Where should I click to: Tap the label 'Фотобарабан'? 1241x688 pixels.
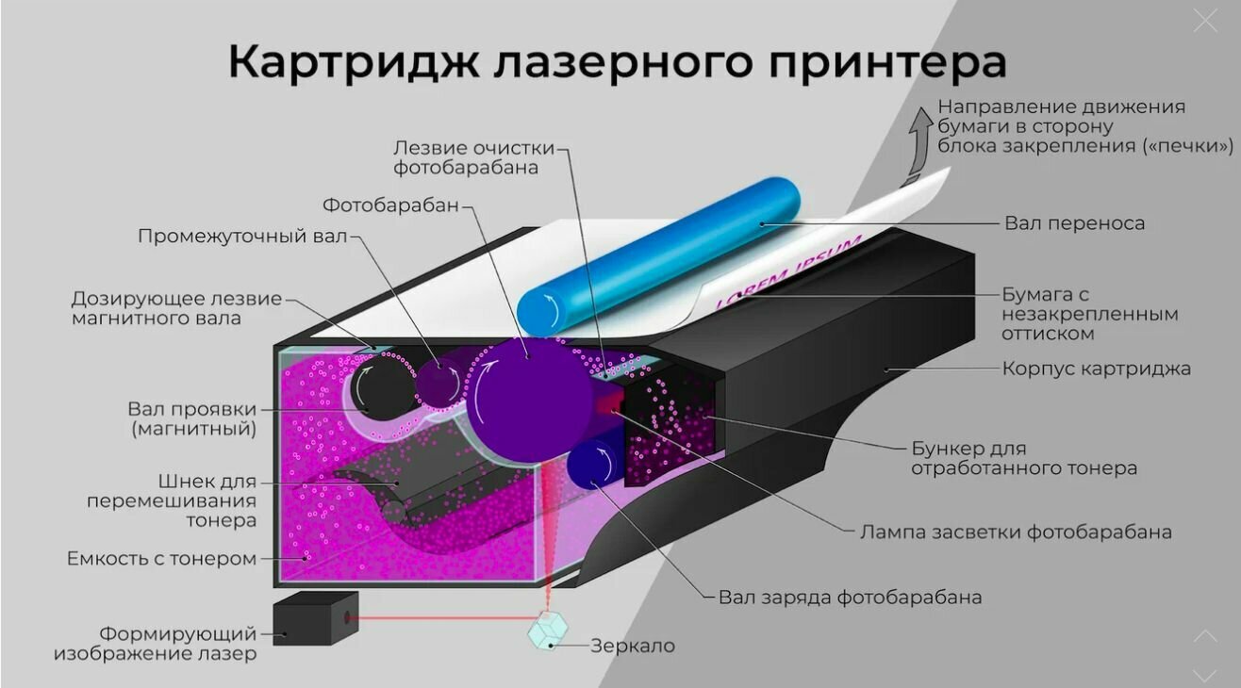click(x=391, y=205)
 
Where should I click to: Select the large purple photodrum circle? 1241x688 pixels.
click(x=528, y=399)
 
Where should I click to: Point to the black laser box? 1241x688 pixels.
click(x=315, y=618)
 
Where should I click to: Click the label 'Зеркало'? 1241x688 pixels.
click(x=633, y=646)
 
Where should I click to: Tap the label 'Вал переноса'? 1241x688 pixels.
click(x=1074, y=223)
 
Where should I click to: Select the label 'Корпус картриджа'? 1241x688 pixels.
click(x=1096, y=369)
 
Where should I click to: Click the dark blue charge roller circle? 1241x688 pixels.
click(x=592, y=463)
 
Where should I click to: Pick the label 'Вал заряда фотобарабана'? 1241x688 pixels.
click(x=850, y=597)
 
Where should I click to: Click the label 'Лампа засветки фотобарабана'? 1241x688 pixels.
click(x=1016, y=532)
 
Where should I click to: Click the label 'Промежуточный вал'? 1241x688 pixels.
click(x=242, y=236)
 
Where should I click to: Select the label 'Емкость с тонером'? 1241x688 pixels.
click(x=161, y=559)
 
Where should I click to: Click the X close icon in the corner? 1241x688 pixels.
click(x=1205, y=21)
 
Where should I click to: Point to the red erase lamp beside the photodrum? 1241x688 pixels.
click(x=609, y=402)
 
